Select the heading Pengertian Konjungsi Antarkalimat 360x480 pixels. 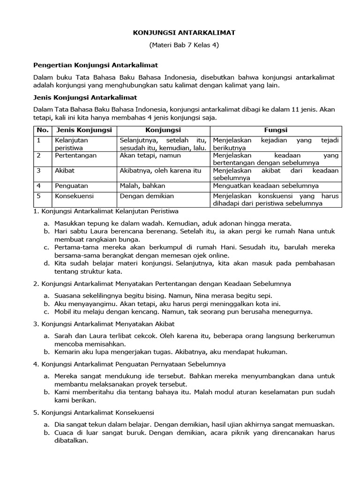96,65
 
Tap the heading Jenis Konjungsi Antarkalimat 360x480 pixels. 85,97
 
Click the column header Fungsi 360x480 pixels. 276,130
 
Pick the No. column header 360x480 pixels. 42,130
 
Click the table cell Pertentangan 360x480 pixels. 75,155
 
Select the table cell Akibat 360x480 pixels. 65,171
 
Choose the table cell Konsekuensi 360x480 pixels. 74,196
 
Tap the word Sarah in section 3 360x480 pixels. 64,336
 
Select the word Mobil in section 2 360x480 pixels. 63,311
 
